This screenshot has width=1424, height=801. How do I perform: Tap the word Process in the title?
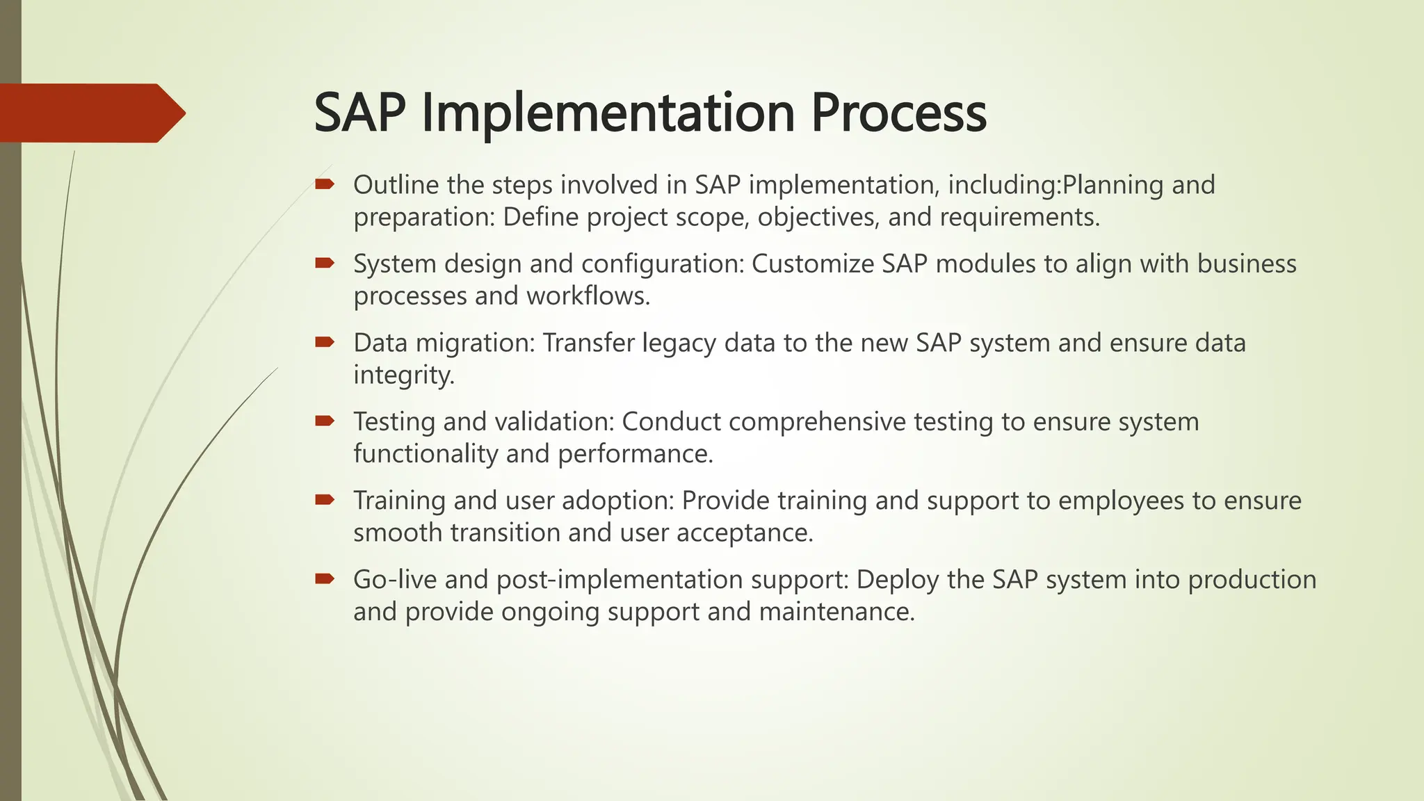coord(898,113)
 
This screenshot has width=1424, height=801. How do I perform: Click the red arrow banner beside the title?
coord(90,113)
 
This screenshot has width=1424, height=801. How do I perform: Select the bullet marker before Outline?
coord(325,184)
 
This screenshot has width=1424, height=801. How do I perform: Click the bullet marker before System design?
coord(325,263)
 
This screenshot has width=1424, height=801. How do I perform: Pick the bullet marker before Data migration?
coord(325,341)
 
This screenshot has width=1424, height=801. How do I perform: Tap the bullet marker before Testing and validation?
coord(325,421)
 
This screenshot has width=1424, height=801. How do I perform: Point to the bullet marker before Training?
coord(325,499)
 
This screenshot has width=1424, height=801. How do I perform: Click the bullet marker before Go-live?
coord(325,578)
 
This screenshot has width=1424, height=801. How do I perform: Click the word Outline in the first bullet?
coord(396,185)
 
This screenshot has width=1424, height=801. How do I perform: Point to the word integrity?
coord(403,375)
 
